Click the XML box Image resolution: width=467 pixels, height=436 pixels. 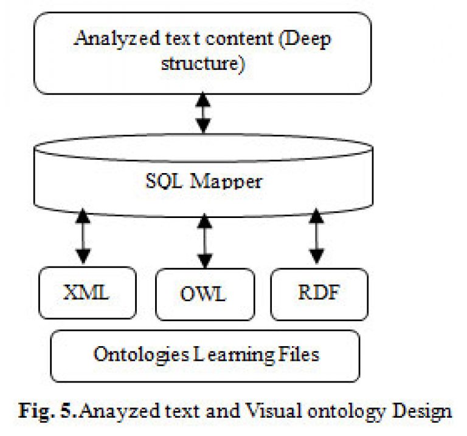pos(88,293)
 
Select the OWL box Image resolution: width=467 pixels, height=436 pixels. pos(205,295)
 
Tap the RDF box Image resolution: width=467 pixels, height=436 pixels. pos(319,295)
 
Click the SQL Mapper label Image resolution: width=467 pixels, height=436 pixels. pos(204,181)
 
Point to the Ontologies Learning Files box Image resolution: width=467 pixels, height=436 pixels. pos(205,356)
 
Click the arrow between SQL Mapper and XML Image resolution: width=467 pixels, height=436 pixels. pos(83,236)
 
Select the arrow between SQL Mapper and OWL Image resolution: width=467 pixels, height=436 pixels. pos(204,241)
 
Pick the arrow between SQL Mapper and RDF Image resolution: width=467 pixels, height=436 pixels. pos(316,236)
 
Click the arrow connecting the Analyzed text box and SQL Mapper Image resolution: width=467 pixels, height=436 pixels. pos(203,113)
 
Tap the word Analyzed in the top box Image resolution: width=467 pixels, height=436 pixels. pos(117,39)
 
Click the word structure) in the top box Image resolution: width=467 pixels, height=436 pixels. pos(203,63)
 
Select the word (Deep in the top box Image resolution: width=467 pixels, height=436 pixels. pos(305,39)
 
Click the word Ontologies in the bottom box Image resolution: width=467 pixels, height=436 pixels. pos(141,355)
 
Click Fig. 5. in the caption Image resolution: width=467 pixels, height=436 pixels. pos(48,411)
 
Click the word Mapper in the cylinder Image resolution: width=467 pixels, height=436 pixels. pos(226,181)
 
